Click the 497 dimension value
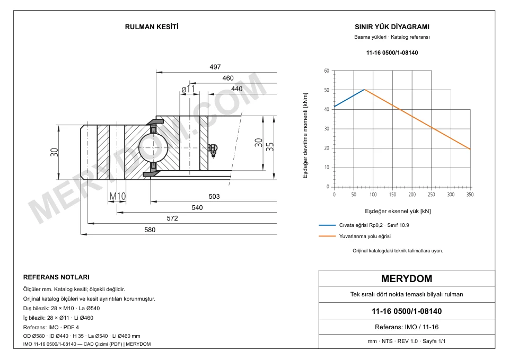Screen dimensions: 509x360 [x=215, y=67]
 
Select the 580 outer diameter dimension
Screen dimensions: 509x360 [x=150, y=230]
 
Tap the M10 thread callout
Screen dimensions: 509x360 [x=117, y=196]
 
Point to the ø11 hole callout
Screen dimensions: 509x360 [x=188, y=89]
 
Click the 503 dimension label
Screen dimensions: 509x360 [x=214, y=196]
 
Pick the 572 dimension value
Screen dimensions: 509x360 [x=172, y=218]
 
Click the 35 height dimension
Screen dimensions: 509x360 [x=270, y=147]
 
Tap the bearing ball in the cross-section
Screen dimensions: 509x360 [x=153, y=148]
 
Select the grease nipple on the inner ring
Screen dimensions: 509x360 [x=213, y=150]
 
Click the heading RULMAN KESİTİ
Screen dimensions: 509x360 [x=152, y=27]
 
